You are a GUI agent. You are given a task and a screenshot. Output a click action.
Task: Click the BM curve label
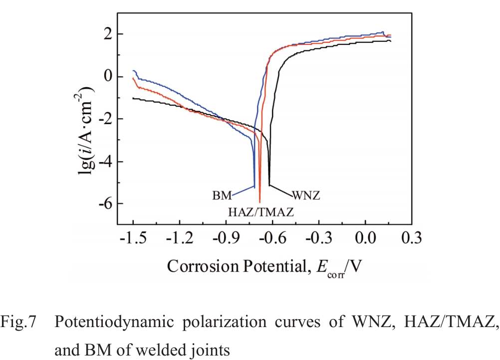click(x=221, y=195)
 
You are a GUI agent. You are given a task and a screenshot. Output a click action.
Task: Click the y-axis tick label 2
click(x=107, y=34)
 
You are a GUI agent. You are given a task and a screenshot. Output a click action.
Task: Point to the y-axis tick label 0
click(x=107, y=77)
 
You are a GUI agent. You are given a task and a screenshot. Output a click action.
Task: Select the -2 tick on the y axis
click(x=103, y=119)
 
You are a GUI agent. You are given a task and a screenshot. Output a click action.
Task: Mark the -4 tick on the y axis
click(x=103, y=162)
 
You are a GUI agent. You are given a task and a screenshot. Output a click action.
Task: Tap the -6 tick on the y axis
click(x=103, y=204)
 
